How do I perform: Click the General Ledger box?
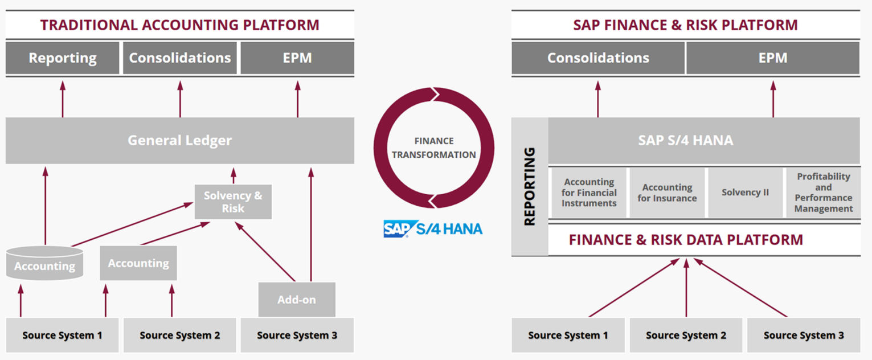(180, 141)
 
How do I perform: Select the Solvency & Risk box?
(233, 202)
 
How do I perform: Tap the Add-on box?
(297, 299)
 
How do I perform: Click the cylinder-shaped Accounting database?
(45, 263)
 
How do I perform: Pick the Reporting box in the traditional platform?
(62, 58)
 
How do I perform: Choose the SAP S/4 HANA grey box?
(704, 141)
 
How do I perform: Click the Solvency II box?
(745, 193)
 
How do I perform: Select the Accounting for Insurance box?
(667, 193)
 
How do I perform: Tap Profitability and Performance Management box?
(824, 193)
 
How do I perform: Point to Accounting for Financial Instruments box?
(589, 193)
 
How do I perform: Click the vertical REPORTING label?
(530, 186)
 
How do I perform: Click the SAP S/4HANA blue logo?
(433, 229)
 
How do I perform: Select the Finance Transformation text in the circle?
(433, 148)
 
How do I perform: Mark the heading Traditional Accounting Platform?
(180, 25)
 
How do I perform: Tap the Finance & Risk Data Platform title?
(686, 240)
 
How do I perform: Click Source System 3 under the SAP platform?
(804, 335)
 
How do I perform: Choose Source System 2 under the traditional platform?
(180, 335)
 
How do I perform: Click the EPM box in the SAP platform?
(773, 58)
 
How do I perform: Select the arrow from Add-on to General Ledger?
(311, 224)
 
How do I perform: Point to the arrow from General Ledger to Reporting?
(63, 99)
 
